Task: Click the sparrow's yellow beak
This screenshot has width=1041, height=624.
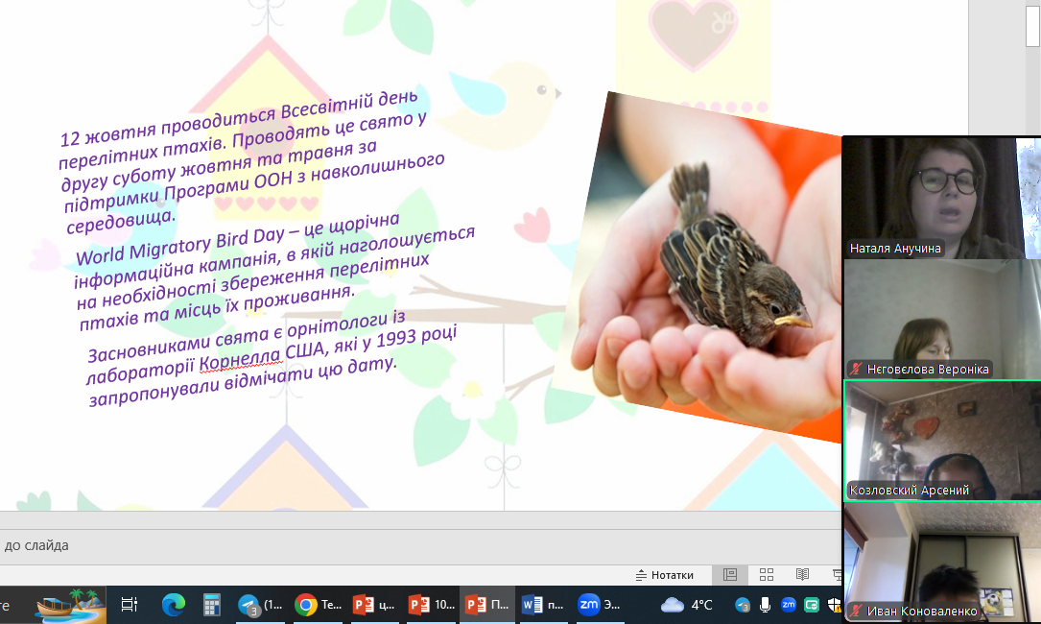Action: coord(793,321)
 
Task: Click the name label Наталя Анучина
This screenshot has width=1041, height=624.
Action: coord(895,249)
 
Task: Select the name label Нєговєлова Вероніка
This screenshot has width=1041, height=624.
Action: coord(928,369)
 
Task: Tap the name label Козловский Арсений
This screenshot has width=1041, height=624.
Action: coord(909,491)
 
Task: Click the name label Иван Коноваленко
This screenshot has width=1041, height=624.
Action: coord(922,611)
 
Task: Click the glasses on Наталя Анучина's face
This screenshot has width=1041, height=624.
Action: coord(943,180)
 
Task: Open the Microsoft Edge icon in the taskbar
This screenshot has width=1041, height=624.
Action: coord(174,605)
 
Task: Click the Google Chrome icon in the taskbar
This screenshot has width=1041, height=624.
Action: coord(306,605)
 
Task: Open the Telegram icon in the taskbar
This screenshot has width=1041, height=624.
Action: coord(248,605)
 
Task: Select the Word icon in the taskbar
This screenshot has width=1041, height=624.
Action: coord(532,605)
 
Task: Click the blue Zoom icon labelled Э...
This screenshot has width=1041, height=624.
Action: coord(588,604)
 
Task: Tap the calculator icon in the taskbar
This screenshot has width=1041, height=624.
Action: coord(211,605)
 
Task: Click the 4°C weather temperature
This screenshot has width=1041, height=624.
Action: coord(701,605)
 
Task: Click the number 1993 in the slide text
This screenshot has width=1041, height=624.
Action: coord(396,340)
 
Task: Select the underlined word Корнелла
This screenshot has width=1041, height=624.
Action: coord(240,360)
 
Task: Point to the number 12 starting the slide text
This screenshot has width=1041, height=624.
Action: coord(70,138)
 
